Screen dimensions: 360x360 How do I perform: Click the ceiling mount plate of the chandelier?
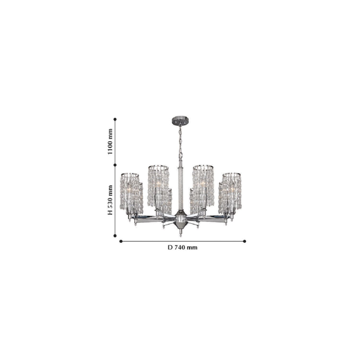(x=180, y=121)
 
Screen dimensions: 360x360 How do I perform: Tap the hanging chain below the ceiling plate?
(x=180, y=143)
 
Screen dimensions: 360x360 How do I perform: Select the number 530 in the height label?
(x=110, y=198)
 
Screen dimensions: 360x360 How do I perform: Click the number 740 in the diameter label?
(x=179, y=247)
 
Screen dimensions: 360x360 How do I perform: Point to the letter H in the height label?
(x=110, y=212)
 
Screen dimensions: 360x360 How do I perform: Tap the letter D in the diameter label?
(x=170, y=247)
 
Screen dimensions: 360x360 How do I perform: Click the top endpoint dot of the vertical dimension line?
(x=115, y=120)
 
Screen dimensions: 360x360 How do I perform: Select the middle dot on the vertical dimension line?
(x=115, y=165)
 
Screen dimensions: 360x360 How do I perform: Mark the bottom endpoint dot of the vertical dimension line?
(x=115, y=235)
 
